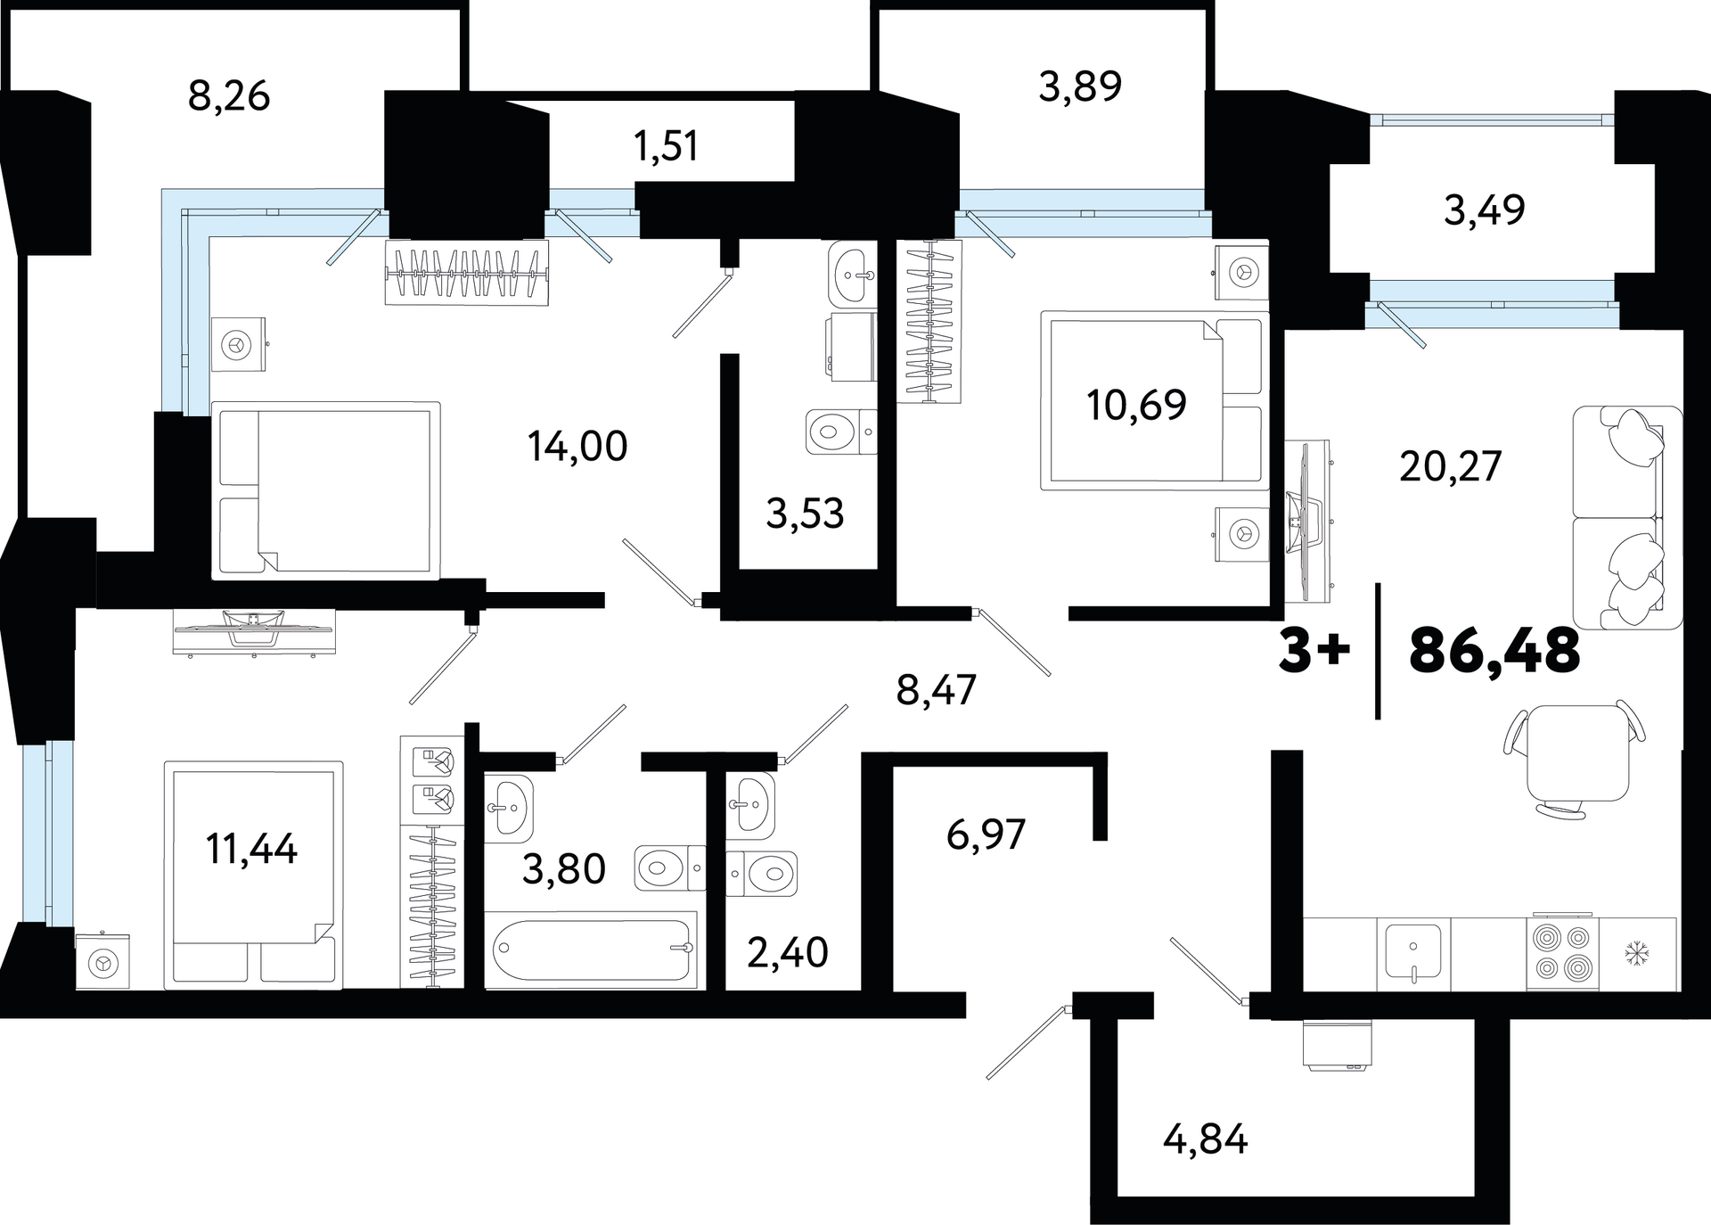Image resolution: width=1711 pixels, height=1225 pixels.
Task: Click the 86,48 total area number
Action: tap(1494, 652)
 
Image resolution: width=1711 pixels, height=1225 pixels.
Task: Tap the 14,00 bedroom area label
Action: tap(577, 446)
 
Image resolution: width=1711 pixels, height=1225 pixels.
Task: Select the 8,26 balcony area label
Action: tap(229, 95)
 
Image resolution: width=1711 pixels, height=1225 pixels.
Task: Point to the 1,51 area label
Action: tap(666, 145)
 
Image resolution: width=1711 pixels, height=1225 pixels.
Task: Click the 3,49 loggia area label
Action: tap(1485, 210)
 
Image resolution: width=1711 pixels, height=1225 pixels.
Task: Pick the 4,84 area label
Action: tap(1206, 1139)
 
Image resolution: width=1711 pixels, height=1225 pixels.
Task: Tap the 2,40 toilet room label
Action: tap(788, 953)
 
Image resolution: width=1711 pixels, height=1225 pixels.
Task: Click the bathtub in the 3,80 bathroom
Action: tap(591, 949)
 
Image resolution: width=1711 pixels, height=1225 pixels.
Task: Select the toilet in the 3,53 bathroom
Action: tap(841, 432)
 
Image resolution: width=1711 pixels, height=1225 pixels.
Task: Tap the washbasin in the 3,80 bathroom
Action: tap(509, 808)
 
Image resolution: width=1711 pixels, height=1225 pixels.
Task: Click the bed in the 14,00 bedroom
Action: tap(326, 490)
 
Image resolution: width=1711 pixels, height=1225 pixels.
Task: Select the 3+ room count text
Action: tap(1314, 652)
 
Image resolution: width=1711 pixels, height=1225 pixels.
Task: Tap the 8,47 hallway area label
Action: tap(937, 690)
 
